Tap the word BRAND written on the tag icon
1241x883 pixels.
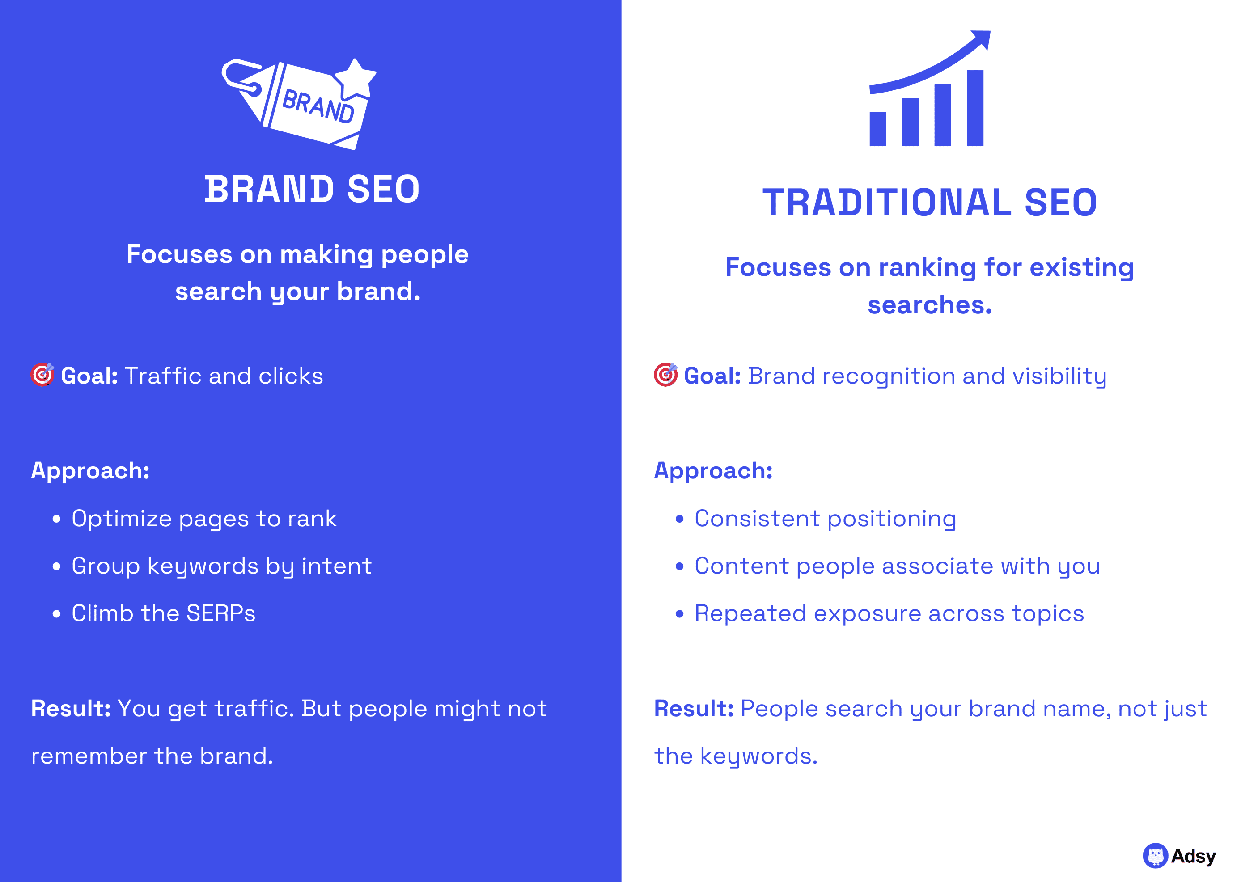tap(318, 106)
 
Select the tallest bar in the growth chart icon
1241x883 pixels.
tap(974, 108)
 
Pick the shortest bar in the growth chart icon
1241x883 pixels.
tap(878, 129)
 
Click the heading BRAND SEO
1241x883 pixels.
tap(312, 189)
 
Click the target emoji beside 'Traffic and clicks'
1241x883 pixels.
tap(42, 375)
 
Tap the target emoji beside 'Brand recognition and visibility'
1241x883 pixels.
tap(665, 375)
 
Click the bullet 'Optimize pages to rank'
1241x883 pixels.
tap(204, 519)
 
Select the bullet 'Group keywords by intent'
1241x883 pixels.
tap(221, 566)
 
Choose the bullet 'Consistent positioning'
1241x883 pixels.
tap(825, 519)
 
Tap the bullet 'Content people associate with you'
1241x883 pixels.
tap(897, 566)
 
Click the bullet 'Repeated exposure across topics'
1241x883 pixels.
tap(889, 613)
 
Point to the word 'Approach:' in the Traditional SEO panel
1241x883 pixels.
tap(713, 471)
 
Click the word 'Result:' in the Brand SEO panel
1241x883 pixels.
tap(71, 709)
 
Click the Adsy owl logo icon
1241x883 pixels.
tap(1155, 856)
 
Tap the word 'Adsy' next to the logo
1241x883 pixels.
tap(1193, 856)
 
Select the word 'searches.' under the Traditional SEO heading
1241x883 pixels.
tap(929, 305)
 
